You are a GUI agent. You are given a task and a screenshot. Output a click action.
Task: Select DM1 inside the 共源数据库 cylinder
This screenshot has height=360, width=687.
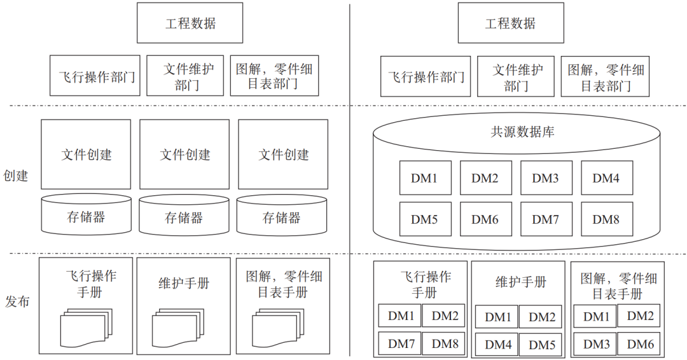(424, 178)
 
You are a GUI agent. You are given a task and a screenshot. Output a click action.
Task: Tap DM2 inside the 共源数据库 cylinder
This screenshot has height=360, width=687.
(485, 178)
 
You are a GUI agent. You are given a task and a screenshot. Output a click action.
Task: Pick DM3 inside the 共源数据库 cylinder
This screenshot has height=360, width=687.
(545, 178)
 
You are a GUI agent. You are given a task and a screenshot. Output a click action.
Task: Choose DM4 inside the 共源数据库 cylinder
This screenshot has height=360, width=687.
(606, 178)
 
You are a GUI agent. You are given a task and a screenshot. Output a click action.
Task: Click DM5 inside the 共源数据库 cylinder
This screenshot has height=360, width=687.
(424, 219)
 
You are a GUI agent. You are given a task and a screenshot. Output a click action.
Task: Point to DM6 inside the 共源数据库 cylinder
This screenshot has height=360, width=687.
(485, 219)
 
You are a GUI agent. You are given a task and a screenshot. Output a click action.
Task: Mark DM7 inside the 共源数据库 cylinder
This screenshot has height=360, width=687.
(545, 219)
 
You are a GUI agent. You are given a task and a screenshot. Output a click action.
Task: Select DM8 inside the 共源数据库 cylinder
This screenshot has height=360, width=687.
(606, 219)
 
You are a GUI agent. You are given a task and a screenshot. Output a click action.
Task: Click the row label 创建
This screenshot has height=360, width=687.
(16, 176)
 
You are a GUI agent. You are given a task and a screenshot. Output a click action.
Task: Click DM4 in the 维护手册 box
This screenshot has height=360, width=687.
(497, 345)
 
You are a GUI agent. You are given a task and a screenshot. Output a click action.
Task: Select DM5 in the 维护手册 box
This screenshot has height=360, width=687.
(542, 345)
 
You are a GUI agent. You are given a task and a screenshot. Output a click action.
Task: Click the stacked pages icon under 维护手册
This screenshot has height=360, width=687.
(179, 326)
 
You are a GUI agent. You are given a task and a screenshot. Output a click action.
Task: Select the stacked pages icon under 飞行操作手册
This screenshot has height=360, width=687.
(85, 326)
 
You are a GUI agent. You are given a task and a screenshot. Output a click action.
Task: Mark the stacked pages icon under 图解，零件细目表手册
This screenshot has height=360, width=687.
(277, 326)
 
